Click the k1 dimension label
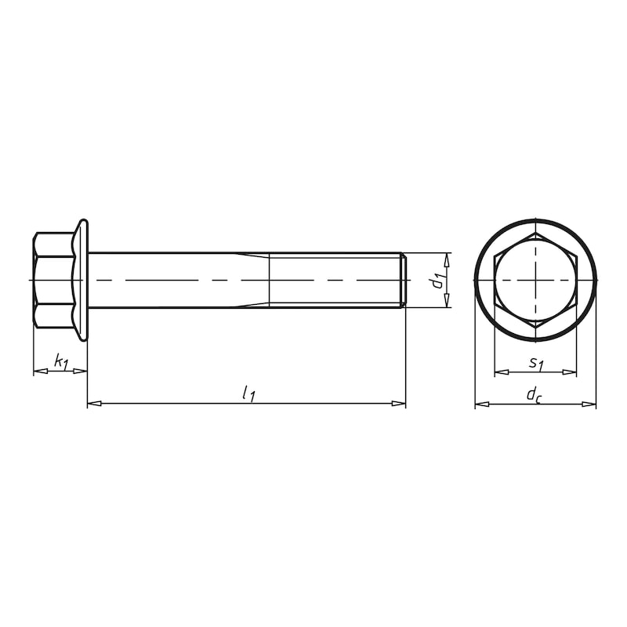pyautogui.click(x=60, y=361)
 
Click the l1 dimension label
pyautogui.click(x=248, y=393)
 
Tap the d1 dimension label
pyautogui.click(x=438, y=280)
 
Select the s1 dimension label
pyautogui.click(x=535, y=363)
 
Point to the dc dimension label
pyautogui.click(x=535, y=395)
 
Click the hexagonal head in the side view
pyautogui.click(x=53, y=280)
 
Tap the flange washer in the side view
pyautogui.click(x=82, y=280)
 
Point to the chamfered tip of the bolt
pyautogui.click(x=404, y=280)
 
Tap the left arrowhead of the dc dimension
pyautogui.click(x=482, y=404)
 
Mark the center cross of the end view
pyautogui.click(x=535, y=280)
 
